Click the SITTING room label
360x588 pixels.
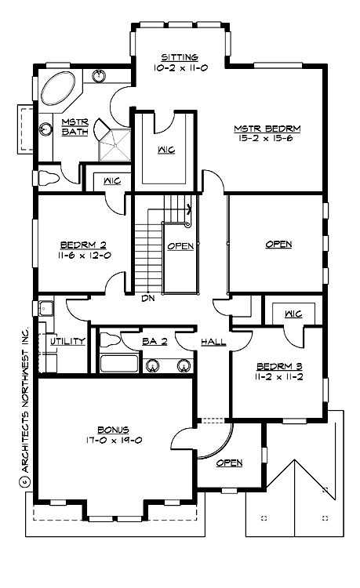point(180,58)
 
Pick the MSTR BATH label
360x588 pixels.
point(75,126)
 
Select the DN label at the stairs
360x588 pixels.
point(147,299)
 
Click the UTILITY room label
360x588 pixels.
point(67,342)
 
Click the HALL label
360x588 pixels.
point(213,342)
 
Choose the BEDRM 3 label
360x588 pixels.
point(279,366)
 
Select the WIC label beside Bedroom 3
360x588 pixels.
point(294,314)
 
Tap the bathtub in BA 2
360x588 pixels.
point(118,364)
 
